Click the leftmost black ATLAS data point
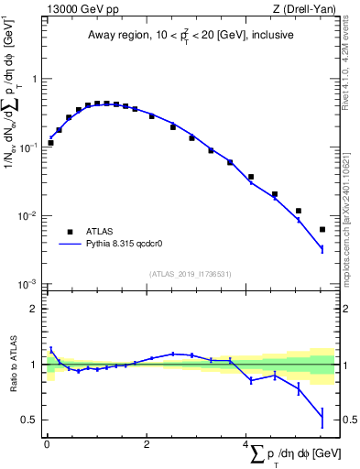(50, 143)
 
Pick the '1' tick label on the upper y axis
(35, 79)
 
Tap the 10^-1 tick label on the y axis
(30, 147)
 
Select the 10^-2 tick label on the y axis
(30, 216)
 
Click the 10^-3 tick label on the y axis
(30, 285)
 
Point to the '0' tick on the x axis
(47, 443)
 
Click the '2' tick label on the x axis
(147, 443)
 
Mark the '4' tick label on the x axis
(246, 443)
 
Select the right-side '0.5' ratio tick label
(347, 420)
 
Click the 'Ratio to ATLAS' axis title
(13, 365)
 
